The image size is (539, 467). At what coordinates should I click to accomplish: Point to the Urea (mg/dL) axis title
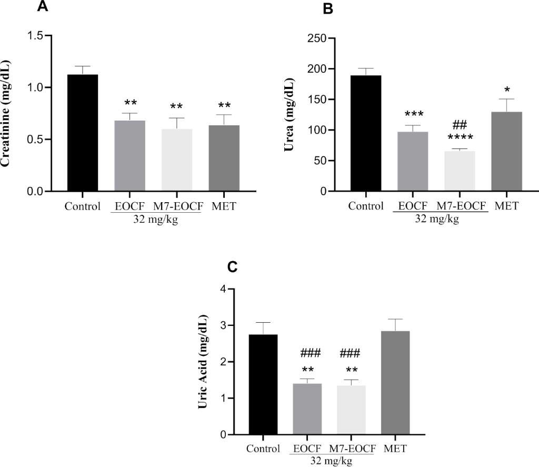pos(288,114)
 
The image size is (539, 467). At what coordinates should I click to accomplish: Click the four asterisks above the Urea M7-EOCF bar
pos(460,138)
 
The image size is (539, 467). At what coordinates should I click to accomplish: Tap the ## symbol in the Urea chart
pos(460,125)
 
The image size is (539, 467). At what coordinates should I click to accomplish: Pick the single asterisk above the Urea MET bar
pos(506,90)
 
